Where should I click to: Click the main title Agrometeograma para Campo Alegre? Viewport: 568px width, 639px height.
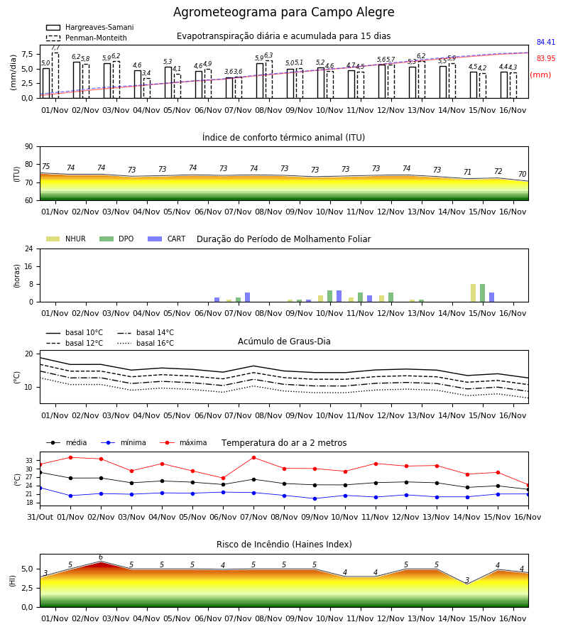tap(283, 12)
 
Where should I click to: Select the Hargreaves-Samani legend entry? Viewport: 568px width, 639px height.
tap(90, 27)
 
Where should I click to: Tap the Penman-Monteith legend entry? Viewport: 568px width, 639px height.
tap(87, 38)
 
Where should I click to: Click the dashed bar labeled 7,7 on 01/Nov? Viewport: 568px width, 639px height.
tap(55, 75)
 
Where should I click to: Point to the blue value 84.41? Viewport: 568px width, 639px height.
tap(546, 42)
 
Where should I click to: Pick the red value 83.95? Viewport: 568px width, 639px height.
tap(546, 58)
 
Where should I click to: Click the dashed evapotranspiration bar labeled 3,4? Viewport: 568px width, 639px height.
tap(147, 89)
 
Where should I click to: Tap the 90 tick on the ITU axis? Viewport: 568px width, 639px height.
tap(28, 147)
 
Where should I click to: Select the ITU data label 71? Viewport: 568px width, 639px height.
tap(467, 172)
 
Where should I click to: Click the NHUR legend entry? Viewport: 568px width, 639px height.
tap(66, 239)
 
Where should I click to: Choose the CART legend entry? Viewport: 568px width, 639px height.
tap(167, 239)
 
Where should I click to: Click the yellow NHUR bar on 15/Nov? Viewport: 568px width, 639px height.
tap(473, 293)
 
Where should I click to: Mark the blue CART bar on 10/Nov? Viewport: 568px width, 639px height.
tap(339, 296)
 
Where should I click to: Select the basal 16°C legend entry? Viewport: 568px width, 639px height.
tap(146, 343)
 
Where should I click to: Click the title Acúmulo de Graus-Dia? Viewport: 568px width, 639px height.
tap(284, 342)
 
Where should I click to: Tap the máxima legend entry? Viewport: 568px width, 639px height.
tap(183, 442)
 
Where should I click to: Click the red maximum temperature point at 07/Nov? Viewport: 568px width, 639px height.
tap(254, 458)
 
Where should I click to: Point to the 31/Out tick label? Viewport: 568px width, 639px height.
tap(40, 517)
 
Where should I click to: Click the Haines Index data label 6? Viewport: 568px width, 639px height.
tap(101, 557)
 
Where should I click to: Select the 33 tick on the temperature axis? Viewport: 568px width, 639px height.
tap(28, 461)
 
